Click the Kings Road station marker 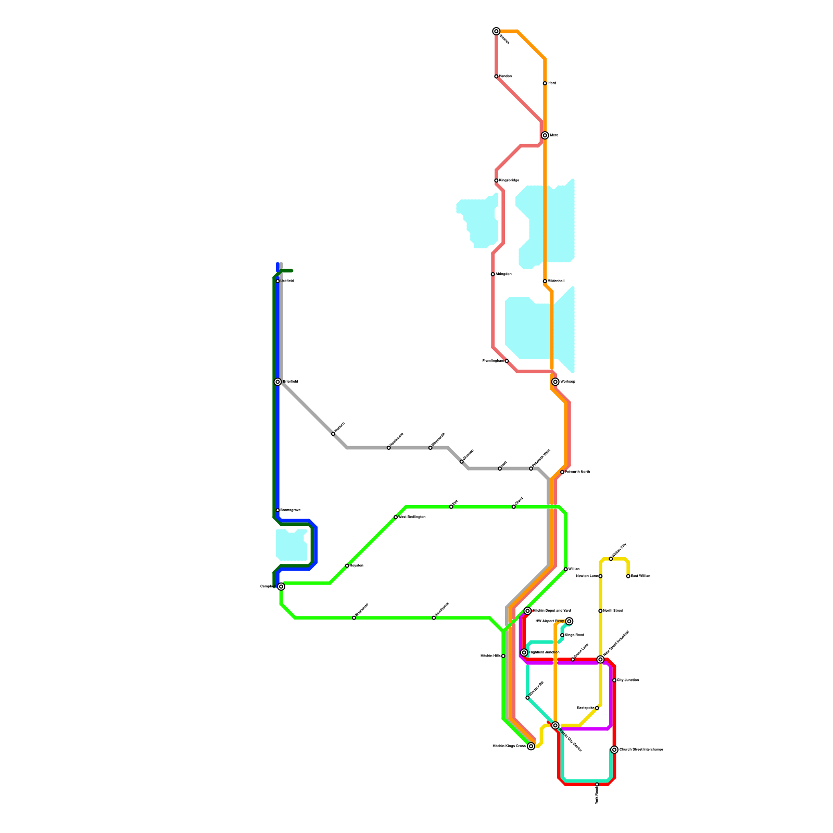click(x=562, y=635)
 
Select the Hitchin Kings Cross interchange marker click(x=531, y=747)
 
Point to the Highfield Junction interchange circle click(x=524, y=653)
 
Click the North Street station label click(x=613, y=611)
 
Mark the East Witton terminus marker click(x=628, y=576)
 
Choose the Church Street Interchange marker click(x=614, y=750)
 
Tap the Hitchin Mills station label click(x=490, y=656)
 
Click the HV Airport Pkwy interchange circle click(x=570, y=621)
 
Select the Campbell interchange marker click(x=281, y=587)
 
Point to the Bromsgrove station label click(x=290, y=510)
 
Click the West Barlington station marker click(x=396, y=517)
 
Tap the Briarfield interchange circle click(x=278, y=382)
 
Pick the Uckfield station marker click(x=278, y=281)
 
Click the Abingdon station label click(x=503, y=274)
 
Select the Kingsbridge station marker click(x=496, y=181)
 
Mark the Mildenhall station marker click(x=545, y=281)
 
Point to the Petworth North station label click(x=577, y=472)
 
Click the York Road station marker click(x=597, y=785)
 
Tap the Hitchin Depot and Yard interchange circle click(x=527, y=611)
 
